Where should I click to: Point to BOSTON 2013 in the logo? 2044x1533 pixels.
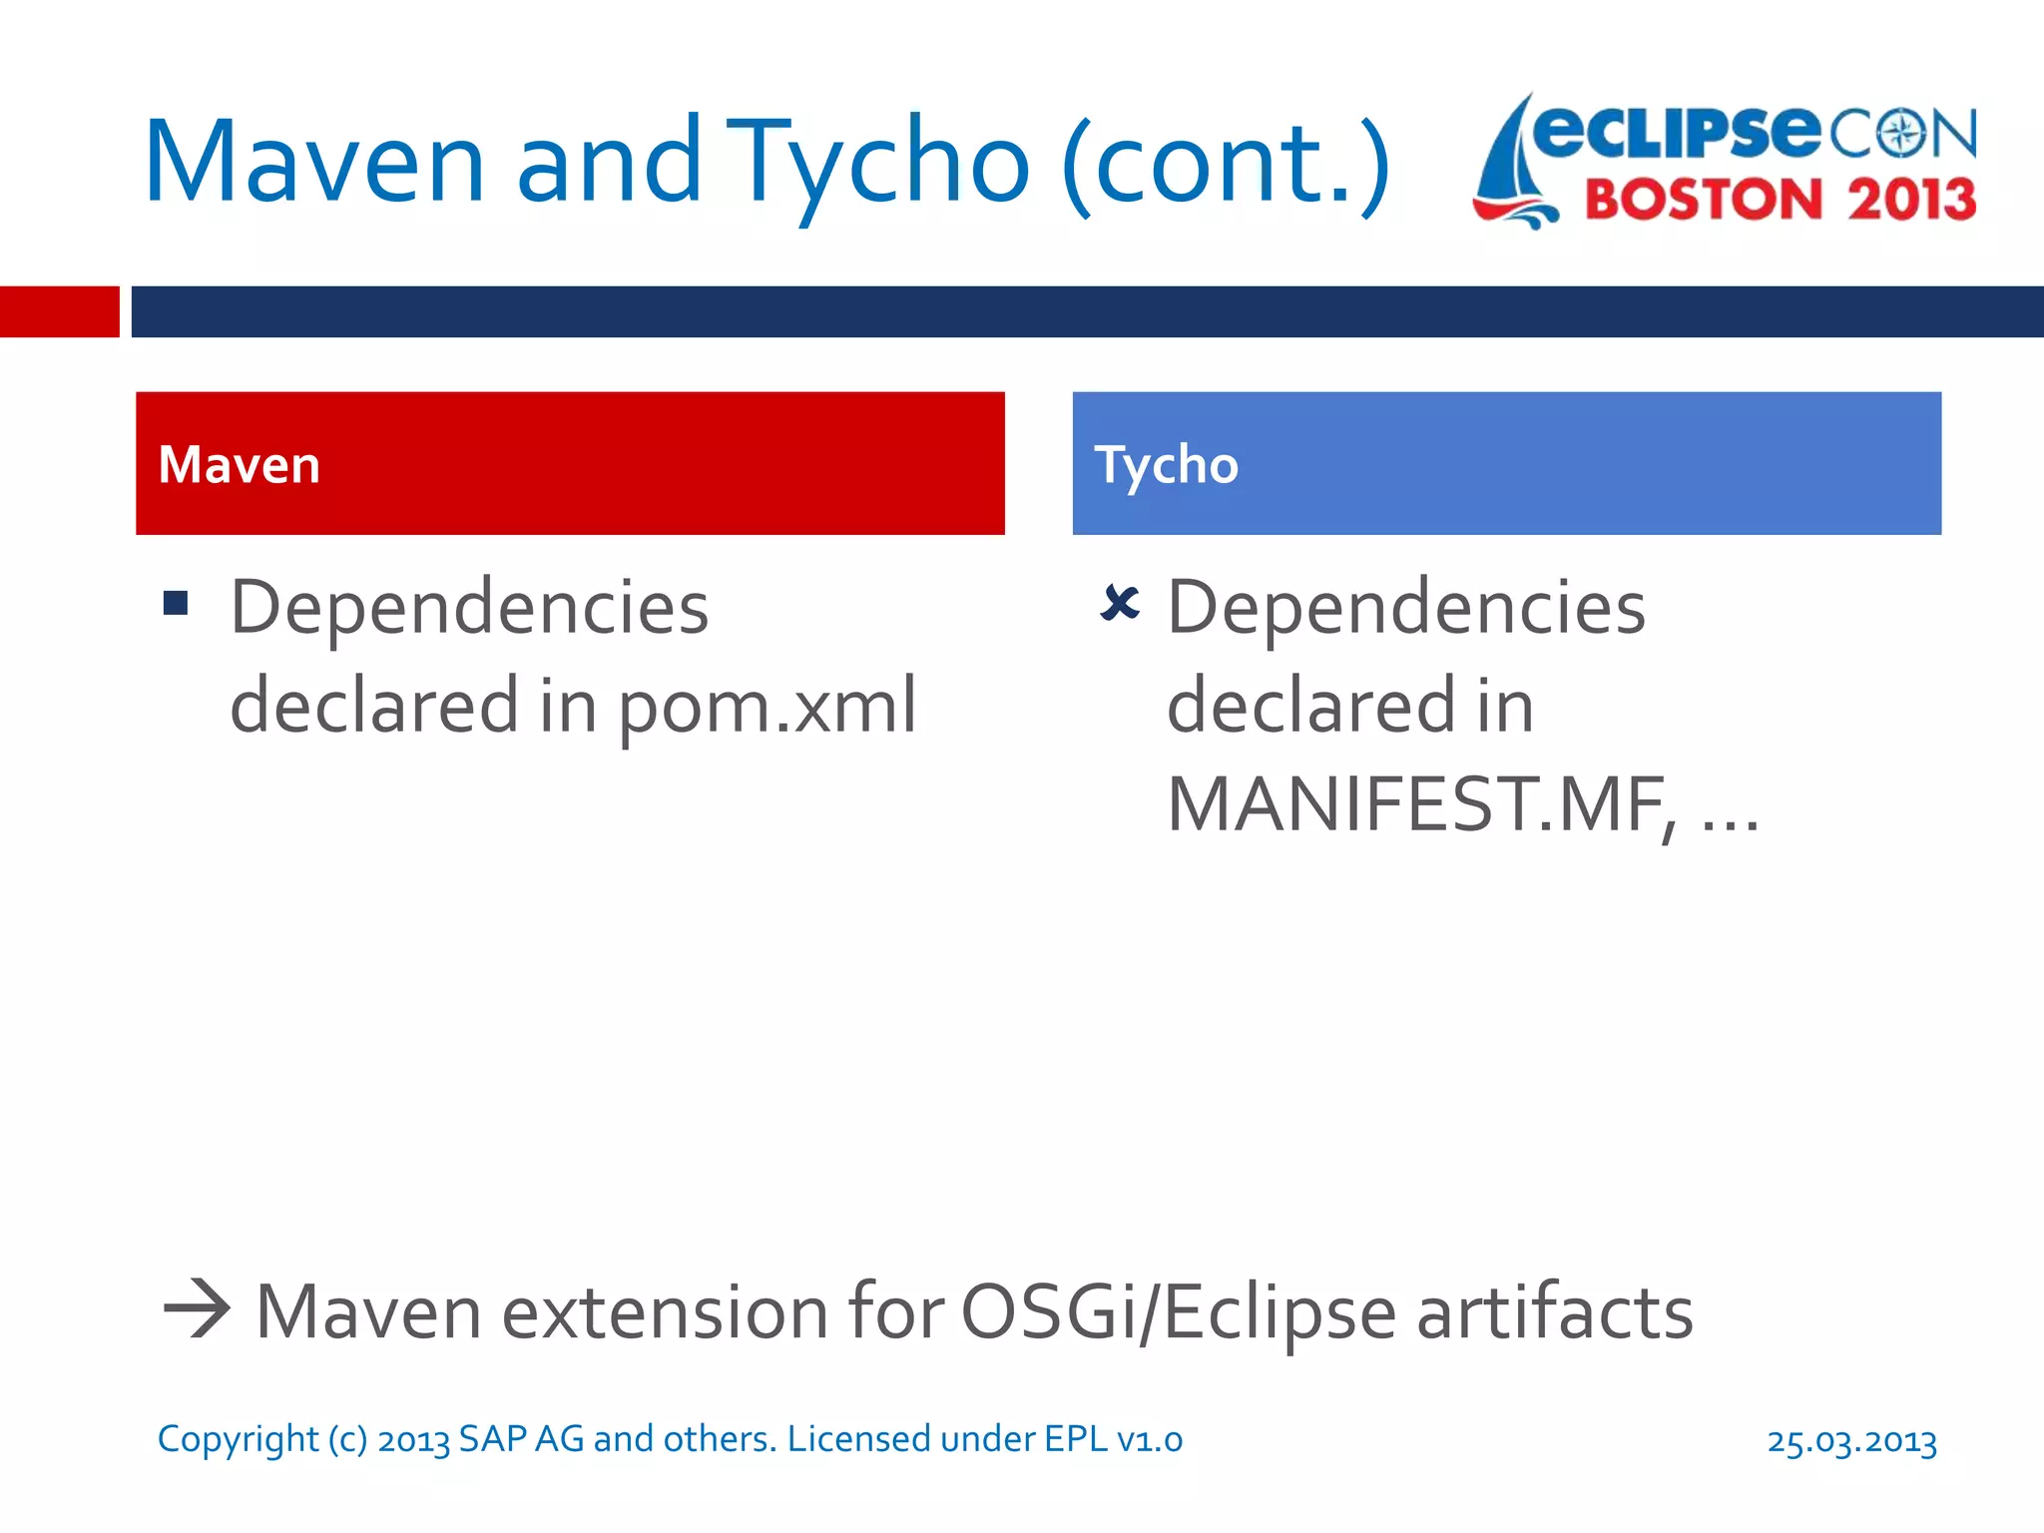[1780, 200]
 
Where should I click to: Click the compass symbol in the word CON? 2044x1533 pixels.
[1902, 134]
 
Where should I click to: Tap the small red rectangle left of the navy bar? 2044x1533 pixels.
[59, 311]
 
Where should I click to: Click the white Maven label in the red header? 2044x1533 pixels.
[240, 465]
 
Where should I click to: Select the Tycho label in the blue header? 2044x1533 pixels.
[1166, 465]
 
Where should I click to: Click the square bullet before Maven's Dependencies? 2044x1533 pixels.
[176, 603]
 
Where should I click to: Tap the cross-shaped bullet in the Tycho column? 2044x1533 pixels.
[1119, 603]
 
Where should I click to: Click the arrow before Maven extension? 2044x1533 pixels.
[197, 1309]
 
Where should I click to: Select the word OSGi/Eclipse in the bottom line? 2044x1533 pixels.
[1178, 1311]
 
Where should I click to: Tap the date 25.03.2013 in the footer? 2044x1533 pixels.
[1851, 1440]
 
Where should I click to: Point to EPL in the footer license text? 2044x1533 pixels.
[1076, 1438]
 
